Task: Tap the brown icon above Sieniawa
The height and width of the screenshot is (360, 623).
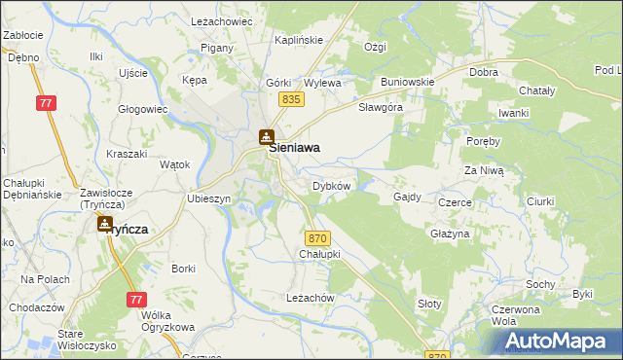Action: (x=266, y=137)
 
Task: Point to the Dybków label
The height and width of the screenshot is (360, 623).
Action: (x=330, y=185)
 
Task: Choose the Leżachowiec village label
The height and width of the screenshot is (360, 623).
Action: (x=221, y=20)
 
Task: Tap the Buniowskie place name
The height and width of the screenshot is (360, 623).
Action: (x=407, y=82)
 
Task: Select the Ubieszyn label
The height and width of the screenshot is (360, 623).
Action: (x=207, y=198)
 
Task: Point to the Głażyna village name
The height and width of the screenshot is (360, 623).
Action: (x=450, y=234)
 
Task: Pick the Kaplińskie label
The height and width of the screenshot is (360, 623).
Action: (x=299, y=40)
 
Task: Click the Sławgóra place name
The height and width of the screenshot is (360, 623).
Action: (x=380, y=107)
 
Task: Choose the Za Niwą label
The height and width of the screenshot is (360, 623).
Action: (x=483, y=170)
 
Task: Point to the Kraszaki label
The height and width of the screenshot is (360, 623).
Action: (x=126, y=155)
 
